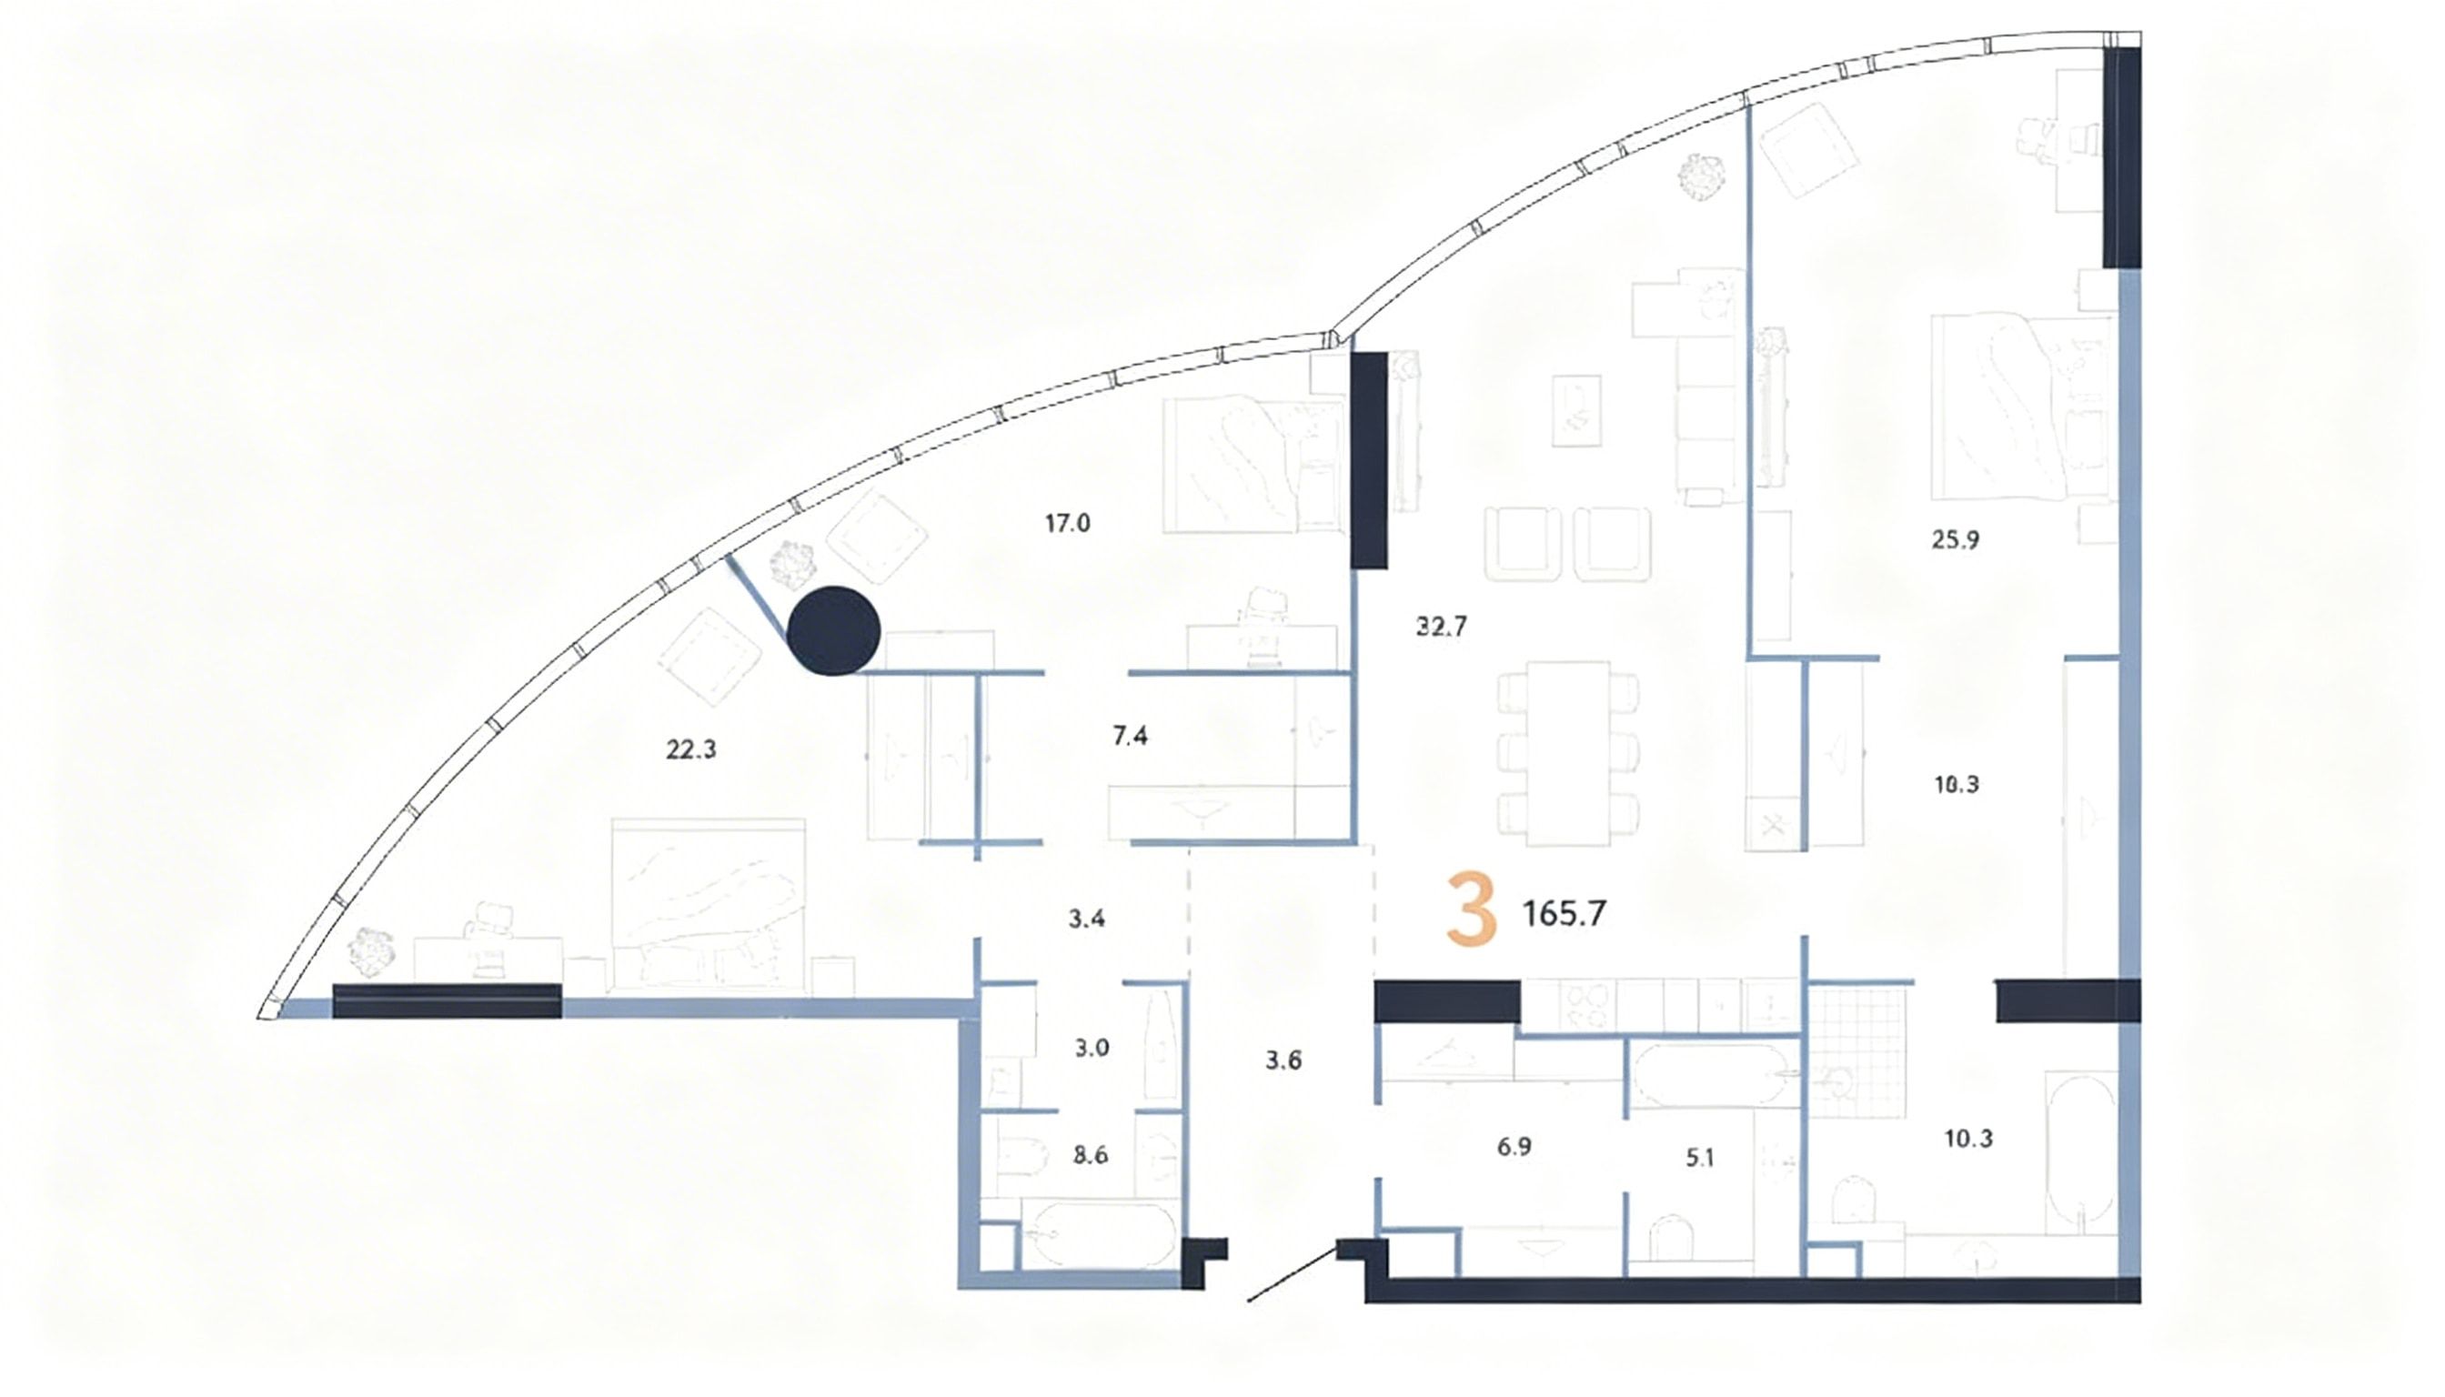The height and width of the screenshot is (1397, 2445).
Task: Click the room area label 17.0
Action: pos(1067,524)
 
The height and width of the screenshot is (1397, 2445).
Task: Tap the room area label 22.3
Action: pos(691,750)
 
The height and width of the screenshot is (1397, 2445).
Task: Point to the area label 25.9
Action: pos(1955,540)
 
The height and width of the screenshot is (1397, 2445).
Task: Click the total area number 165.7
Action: pos(1565,913)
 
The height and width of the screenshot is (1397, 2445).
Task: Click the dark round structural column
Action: pos(833,630)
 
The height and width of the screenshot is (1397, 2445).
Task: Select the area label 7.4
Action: pos(1130,736)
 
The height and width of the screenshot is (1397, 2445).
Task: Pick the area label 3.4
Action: pos(1086,919)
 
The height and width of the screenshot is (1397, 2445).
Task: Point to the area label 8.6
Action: pos(1091,1155)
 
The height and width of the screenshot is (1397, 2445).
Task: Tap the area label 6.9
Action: pos(1514,1147)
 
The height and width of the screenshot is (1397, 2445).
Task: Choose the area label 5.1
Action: pos(1699,1158)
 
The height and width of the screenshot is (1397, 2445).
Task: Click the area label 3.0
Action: pos(1091,1048)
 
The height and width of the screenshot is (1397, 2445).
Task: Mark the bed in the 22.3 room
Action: pos(709,902)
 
